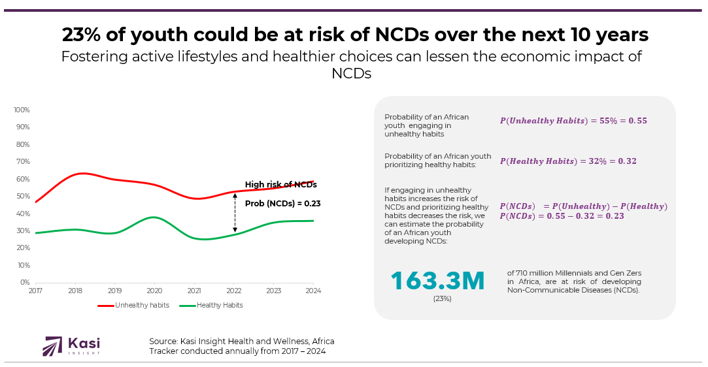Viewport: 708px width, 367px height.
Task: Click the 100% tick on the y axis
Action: pyautogui.click(x=22, y=110)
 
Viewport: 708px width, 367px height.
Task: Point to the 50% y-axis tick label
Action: pyautogui.click(x=23, y=196)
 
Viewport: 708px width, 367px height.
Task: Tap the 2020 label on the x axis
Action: pyautogui.click(x=154, y=291)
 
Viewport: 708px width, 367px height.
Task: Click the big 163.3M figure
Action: pyautogui.click(x=437, y=281)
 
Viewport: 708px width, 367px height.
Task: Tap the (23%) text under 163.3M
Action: pyautogui.click(x=442, y=298)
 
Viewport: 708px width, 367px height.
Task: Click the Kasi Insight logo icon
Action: pyautogui.click(x=52, y=346)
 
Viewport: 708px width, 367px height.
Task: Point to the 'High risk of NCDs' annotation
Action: pyautogui.click(x=280, y=185)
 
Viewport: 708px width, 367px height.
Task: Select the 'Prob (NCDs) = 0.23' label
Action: pyautogui.click(x=282, y=204)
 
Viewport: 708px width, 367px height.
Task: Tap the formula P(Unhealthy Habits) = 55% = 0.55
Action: pyautogui.click(x=573, y=121)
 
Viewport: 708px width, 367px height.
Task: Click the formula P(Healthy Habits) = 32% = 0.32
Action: pyautogui.click(x=568, y=161)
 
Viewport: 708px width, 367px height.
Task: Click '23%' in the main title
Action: pyautogui.click(x=82, y=35)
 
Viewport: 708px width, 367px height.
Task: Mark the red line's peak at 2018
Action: pyautogui.click(x=81, y=173)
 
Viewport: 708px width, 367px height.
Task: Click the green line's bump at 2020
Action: pyautogui.click(x=154, y=217)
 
